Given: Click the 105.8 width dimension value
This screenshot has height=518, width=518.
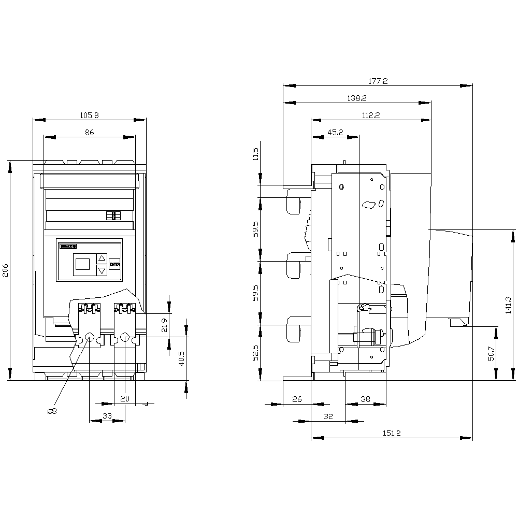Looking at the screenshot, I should [x=90, y=115].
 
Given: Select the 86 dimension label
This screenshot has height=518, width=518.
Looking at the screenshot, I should [x=90, y=133].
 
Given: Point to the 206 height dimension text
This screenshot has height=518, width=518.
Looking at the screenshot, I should [x=6, y=269].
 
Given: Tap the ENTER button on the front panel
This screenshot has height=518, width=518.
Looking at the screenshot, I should [x=114, y=264].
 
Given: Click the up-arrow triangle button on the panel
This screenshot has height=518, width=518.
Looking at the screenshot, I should [x=102, y=258].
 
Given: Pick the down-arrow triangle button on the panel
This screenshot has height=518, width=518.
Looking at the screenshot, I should [x=102, y=270].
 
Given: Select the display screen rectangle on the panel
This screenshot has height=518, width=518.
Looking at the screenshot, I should [x=83, y=264].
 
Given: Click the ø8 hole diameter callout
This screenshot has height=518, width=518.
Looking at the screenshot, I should [x=52, y=411].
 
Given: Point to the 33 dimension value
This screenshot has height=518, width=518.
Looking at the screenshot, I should [x=107, y=416].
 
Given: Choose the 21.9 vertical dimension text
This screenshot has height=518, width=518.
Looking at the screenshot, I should [x=164, y=325].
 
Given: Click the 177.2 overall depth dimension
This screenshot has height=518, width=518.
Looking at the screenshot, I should [x=378, y=81].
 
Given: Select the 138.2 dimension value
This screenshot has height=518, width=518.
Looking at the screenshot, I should [x=357, y=98].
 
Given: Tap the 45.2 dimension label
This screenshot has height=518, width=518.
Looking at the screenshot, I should [x=335, y=133].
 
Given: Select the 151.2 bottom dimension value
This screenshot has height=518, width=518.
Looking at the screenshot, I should [x=391, y=434].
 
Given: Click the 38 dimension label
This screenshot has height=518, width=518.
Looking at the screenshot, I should [x=366, y=399].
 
